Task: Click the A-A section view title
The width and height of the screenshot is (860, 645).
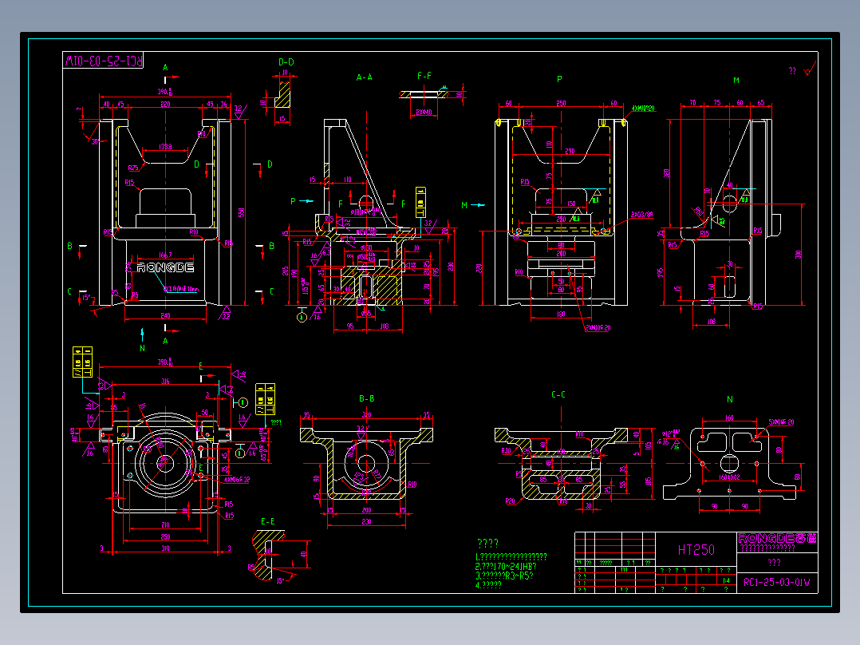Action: [364, 77]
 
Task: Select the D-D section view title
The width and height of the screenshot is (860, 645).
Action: [286, 61]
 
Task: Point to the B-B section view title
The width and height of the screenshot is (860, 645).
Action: [367, 398]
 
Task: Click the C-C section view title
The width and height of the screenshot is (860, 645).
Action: [558, 394]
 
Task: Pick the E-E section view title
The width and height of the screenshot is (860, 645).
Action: [268, 521]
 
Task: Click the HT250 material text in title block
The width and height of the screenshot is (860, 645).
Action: [696, 549]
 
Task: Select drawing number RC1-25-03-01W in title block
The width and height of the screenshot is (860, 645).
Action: [776, 582]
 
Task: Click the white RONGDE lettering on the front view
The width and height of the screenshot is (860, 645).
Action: [165, 267]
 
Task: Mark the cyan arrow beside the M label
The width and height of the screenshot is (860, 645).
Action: [477, 205]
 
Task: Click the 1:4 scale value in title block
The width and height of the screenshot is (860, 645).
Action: [726, 582]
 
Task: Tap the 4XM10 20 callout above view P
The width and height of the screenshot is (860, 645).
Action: [642, 108]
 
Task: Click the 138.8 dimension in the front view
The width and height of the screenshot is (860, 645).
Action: [165, 148]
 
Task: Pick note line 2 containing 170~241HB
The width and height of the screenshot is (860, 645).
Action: [505, 566]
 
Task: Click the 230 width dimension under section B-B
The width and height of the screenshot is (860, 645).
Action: [366, 522]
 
